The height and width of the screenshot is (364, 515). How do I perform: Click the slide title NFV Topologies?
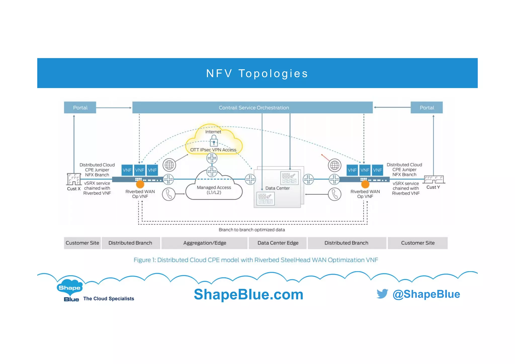[257, 73]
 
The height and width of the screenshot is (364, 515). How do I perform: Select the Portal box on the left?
[80, 108]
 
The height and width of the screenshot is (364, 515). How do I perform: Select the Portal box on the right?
[426, 108]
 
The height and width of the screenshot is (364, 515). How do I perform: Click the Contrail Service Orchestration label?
[253, 108]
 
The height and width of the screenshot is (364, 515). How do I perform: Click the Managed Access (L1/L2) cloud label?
[214, 190]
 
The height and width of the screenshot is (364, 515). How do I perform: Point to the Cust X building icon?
[74, 179]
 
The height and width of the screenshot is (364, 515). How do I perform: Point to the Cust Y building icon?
[434, 179]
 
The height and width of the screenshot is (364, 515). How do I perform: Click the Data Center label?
[277, 188]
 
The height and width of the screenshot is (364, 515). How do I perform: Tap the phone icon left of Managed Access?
[168, 194]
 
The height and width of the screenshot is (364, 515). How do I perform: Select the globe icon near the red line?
[334, 165]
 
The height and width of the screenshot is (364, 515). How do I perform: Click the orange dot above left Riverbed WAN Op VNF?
[140, 184]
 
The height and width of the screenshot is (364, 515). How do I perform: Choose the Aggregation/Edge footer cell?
[204, 243]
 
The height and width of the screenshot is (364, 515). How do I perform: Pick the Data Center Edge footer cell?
[278, 243]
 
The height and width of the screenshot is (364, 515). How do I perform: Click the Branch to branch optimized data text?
[252, 230]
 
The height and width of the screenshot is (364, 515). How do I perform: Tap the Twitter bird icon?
[382, 294]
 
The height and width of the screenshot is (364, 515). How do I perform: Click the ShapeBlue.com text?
[248, 294]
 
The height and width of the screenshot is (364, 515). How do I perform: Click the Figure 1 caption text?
[255, 260]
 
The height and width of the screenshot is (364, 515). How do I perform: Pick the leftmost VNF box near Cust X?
[127, 170]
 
